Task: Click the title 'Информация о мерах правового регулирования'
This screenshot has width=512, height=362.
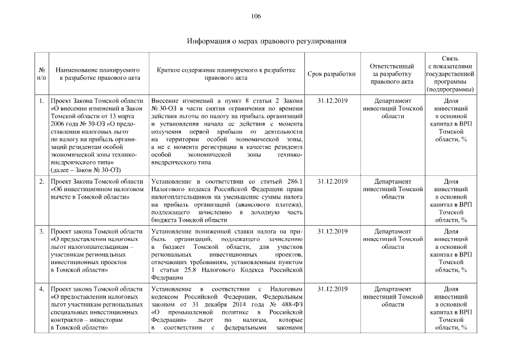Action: [x=266, y=41]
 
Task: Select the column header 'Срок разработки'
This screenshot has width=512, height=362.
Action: [x=332, y=74]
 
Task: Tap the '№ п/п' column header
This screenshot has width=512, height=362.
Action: [x=42, y=74]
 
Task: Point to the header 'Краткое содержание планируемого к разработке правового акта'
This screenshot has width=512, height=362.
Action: [x=227, y=74]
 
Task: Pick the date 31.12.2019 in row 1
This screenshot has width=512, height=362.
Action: [x=332, y=101]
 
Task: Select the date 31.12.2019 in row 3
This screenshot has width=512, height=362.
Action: [x=332, y=232]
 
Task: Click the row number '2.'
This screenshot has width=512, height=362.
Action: [x=42, y=182]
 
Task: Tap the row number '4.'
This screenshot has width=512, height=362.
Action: [x=42, y=290]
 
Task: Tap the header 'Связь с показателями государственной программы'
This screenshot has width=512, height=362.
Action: [x=451, y=74]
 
